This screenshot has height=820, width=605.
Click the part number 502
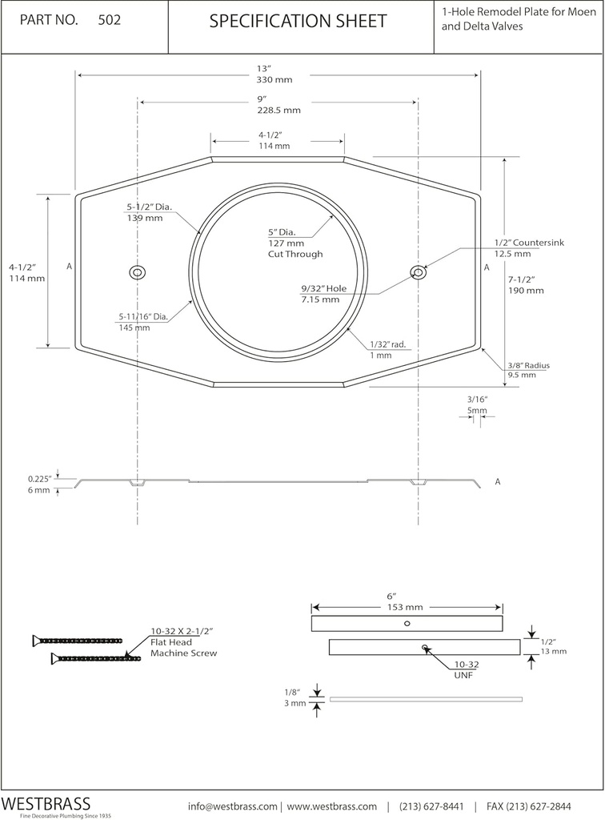point(109,21)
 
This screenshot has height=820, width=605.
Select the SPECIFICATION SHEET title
point(298,22)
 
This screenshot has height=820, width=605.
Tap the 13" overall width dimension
point(265,69)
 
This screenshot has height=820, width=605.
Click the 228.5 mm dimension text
point(278,111)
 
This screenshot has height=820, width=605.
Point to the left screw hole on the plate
point(138,272)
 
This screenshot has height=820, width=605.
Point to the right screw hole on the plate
point(418,272)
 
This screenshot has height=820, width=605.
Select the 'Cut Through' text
point(295,254)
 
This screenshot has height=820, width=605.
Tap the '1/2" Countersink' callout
point(528,242)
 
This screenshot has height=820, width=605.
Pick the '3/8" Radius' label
point(528,365)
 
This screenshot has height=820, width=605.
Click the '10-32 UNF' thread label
point(467,669)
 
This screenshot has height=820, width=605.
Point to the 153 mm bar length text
point(405,607)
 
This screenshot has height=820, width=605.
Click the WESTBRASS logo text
point(46,803)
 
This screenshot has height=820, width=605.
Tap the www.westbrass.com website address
point(332,806)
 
